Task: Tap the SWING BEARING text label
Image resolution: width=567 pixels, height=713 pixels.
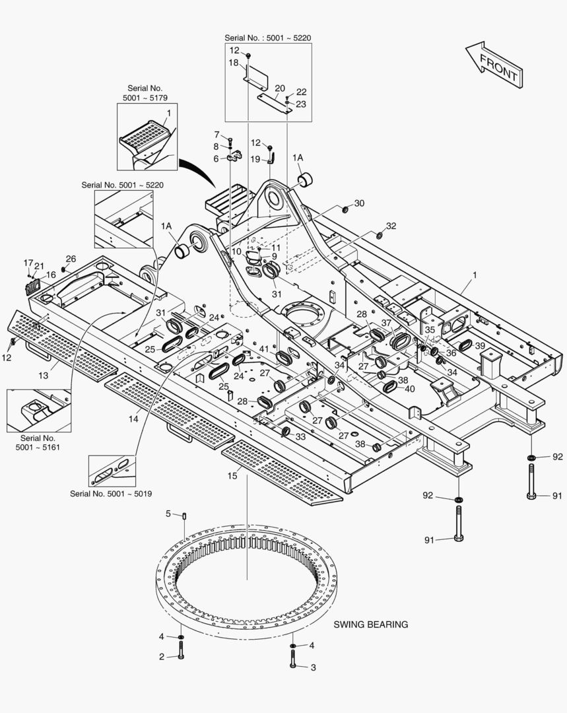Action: tap(370, 624)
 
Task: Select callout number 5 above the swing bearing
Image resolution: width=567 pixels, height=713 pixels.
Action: tap(168, 514)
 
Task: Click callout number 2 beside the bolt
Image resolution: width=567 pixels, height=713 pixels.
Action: tap(160, 657)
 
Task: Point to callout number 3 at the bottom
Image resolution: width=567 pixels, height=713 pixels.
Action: tap(313, 667)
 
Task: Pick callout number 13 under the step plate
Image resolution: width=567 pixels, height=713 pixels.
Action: tap(44, 376)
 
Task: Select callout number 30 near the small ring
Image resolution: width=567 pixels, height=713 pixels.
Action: tap(359, 203)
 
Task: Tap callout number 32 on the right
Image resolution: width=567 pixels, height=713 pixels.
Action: tap(391, 226)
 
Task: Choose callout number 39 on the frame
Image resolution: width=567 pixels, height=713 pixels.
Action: tap(480, 346)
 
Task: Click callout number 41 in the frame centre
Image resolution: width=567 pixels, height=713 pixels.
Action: tap(264, 349)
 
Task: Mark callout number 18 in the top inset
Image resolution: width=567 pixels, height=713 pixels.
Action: tap(234, 63)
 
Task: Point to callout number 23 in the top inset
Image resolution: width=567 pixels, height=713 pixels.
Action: tap(301, 104)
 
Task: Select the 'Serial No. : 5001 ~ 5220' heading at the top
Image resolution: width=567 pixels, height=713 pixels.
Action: tap(267, 38)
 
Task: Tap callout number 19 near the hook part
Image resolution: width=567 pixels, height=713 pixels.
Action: tap(254, 158)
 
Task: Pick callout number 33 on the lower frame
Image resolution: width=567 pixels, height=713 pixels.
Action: tap(300, 436)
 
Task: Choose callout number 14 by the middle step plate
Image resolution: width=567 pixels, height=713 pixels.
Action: tap(135, 419)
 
